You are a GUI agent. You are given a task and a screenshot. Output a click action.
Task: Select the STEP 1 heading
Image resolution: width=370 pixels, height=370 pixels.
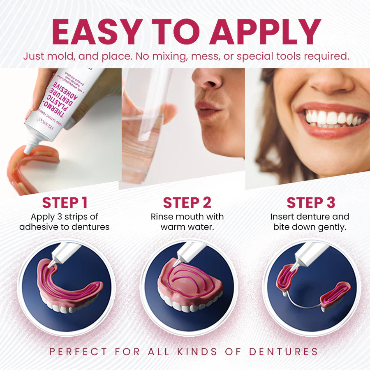point(65,203)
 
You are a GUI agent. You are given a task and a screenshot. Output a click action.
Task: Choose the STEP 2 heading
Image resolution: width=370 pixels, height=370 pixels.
point(187,203)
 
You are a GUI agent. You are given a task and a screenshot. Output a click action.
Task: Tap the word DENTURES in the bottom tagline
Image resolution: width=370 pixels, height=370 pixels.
point(283,351)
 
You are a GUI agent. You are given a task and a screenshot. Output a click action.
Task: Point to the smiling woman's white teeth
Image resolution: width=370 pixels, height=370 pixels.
point(333,118)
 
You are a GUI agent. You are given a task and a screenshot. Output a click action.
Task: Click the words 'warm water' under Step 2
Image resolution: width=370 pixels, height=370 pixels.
point(187,227)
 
